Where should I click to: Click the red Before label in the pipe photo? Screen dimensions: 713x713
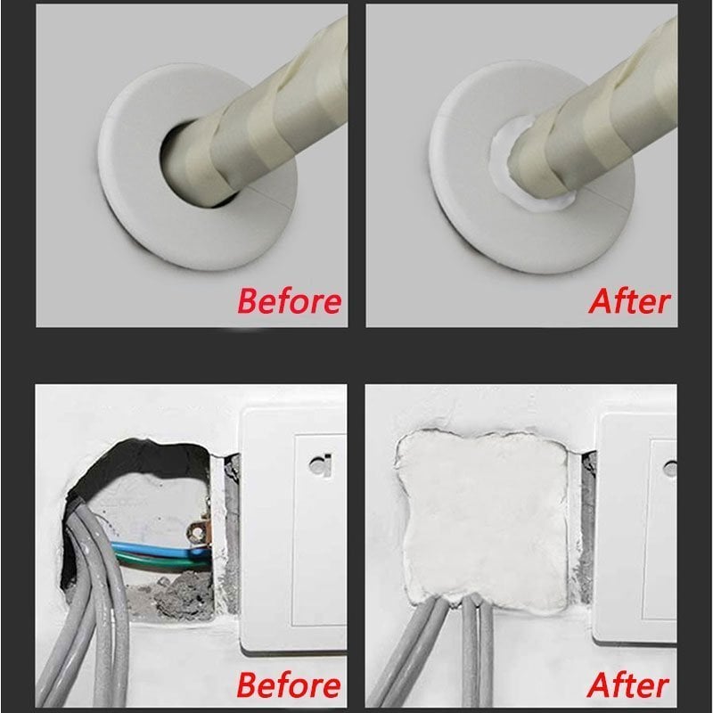tap(289, 299)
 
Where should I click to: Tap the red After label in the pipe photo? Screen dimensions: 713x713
tap(628, 299)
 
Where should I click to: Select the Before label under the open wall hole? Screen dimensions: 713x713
tap(289, 684)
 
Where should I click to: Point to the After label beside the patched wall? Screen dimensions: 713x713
tap(628, 684)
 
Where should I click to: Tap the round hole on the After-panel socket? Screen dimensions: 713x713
tap(670, 467)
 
